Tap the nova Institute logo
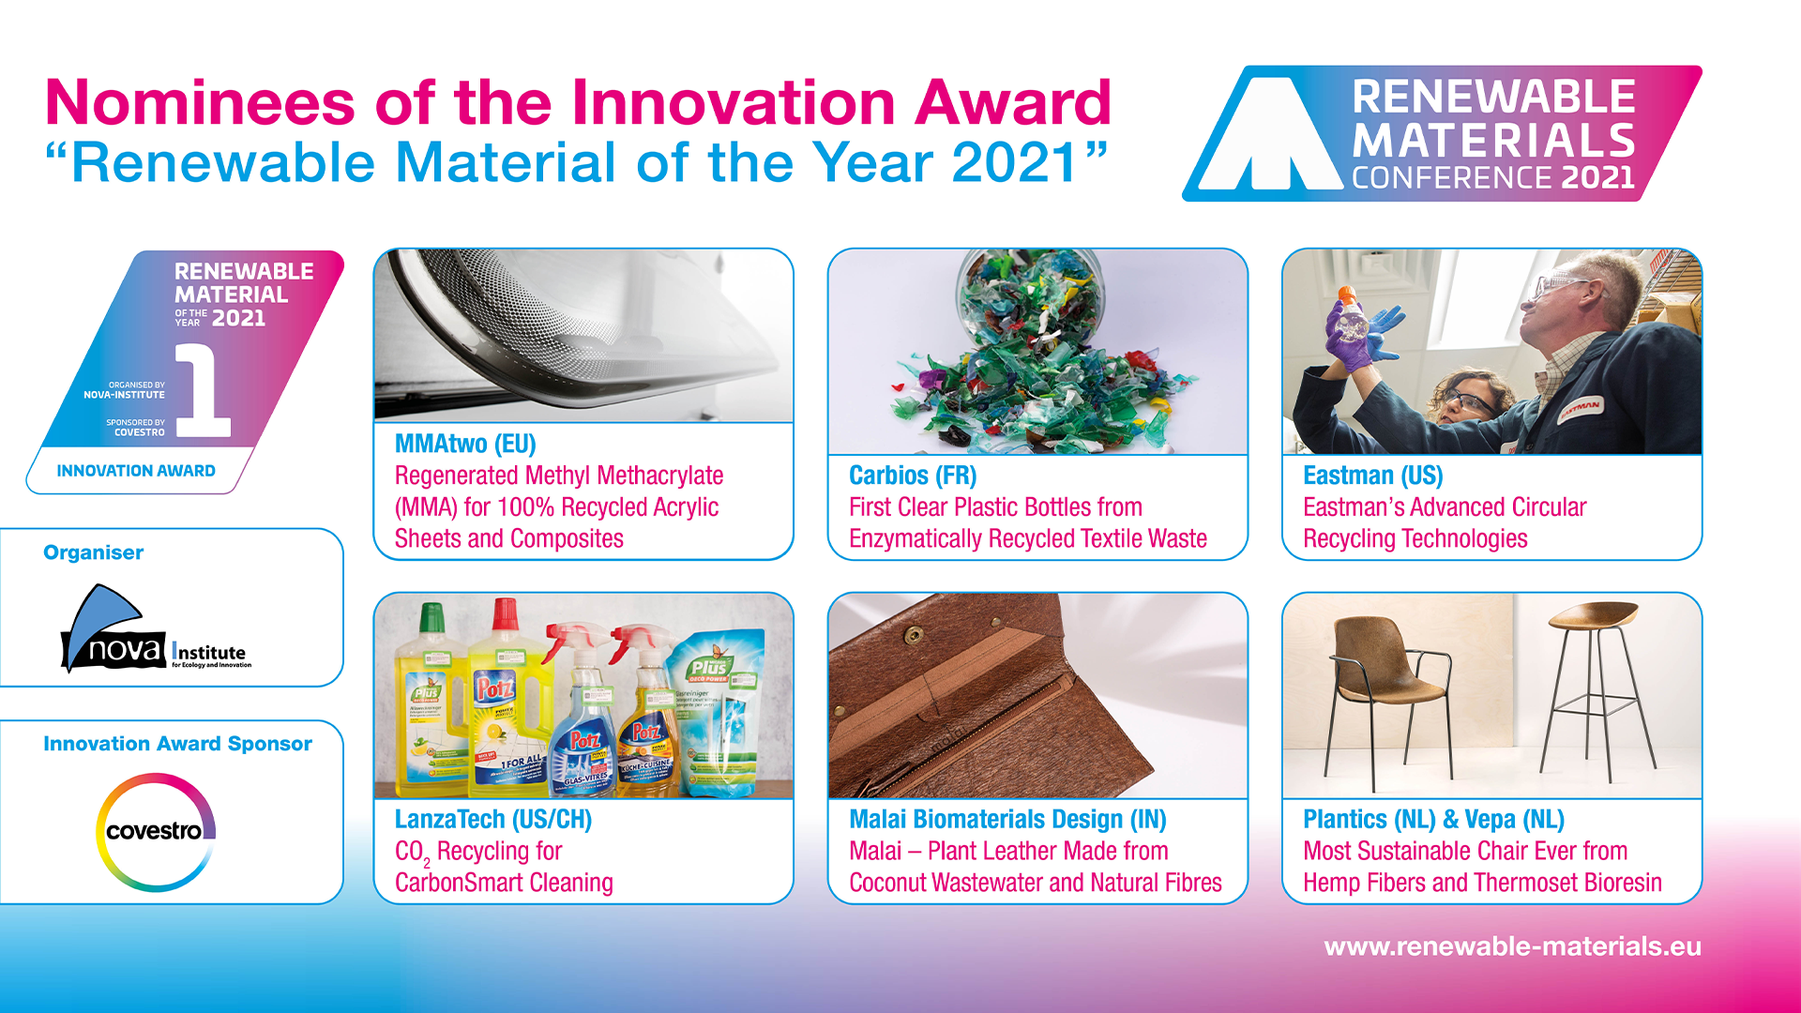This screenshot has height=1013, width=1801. point(156,629)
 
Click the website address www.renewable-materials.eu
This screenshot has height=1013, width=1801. point(1512,946)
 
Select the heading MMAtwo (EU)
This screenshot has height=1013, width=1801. point(465,444)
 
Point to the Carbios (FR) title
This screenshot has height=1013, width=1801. point(913,476)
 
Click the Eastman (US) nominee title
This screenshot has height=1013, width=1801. point(1372,476)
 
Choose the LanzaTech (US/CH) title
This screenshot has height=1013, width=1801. point(493,820)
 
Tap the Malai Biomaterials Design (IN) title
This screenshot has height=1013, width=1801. point(1007,820)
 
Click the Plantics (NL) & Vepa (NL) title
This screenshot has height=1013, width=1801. point(1433,820)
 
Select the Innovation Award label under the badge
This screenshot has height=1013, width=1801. point(136,471)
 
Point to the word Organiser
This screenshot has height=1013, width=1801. point(94,552)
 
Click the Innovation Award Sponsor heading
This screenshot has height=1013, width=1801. point(177,744)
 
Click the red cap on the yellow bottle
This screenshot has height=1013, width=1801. point(506,613)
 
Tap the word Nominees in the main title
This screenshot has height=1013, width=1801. point(200,102)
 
